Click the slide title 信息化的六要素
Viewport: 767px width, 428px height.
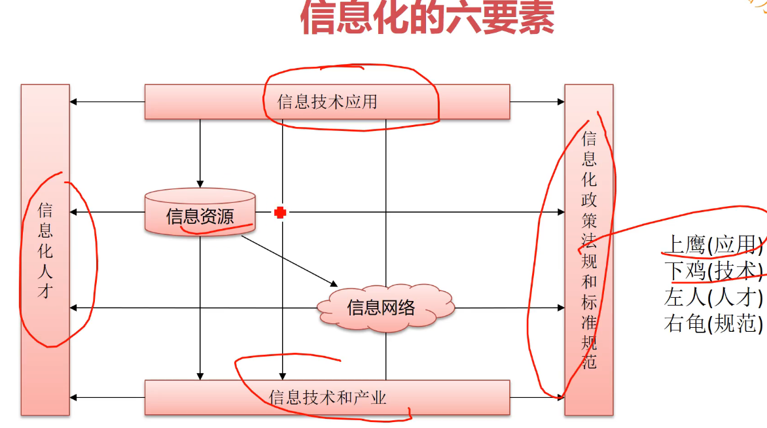(427, 18)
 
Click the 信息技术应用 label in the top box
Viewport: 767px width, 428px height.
(327, 102)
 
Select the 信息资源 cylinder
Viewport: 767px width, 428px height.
(200, 213)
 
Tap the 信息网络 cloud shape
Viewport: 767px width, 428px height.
(382, 308)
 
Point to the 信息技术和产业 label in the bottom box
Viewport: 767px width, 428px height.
(327, 397)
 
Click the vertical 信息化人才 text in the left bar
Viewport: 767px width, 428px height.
(45, 251)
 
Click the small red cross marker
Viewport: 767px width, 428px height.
(280, 212)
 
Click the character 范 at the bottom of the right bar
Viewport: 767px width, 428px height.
(589, 361)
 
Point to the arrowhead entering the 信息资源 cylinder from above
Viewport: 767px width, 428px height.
(200, 184)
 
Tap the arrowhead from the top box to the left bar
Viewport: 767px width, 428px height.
(73, 101)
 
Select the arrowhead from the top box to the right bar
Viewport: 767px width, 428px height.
(561, 101)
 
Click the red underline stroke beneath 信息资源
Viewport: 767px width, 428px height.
(216, 229)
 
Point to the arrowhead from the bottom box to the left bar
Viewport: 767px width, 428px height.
(73, 397)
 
